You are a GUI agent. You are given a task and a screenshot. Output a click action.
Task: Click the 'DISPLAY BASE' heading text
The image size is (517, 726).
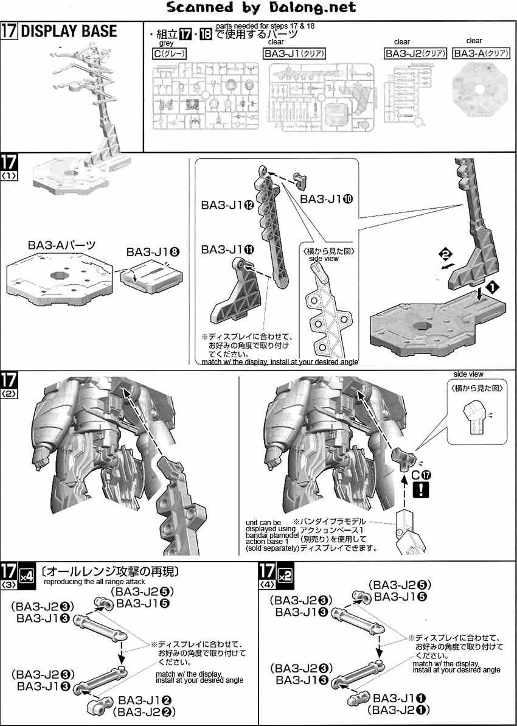69,32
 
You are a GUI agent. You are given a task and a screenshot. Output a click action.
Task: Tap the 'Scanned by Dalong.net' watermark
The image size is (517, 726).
261,8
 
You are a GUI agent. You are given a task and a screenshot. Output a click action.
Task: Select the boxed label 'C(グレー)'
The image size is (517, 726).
170,54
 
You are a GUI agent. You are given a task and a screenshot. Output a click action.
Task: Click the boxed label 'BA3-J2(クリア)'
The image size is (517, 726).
416,54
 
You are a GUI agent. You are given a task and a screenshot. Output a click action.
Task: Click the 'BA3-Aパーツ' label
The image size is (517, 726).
62,245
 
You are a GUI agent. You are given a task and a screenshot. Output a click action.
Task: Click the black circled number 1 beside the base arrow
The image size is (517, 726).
490,285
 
